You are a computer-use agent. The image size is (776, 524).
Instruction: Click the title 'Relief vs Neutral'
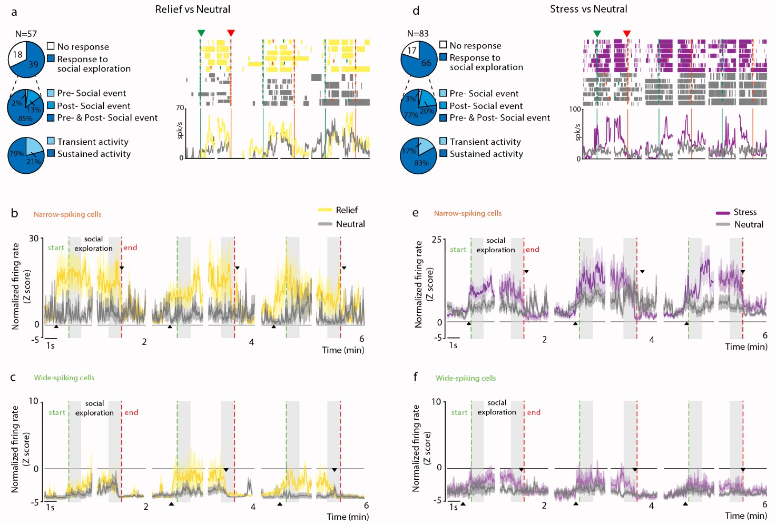[192, 9]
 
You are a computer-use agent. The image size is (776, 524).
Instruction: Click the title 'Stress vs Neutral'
[588, 9]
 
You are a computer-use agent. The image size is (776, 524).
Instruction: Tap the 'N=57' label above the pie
[26, 34]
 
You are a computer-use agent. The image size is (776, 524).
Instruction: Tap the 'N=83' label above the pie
[418, 33]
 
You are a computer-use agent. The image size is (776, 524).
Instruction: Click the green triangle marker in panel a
[201, 33]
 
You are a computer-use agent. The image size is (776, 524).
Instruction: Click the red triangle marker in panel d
[626, 34]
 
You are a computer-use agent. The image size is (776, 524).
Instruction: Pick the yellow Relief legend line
[325, 210]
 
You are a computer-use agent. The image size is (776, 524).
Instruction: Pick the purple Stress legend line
[723, 213]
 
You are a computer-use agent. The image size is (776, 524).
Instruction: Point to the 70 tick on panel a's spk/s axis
[180, 108]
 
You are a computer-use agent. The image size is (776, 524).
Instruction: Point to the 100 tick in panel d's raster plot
[575, 109]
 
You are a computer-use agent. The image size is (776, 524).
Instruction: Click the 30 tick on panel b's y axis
[34, 239]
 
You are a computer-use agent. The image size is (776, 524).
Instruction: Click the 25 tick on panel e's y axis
[437, 240]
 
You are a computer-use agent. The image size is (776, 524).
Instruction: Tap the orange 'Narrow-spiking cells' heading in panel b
[67, 214]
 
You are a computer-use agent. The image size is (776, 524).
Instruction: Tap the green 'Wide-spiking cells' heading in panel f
[466, 378]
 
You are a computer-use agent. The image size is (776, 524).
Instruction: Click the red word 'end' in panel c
[131, 412]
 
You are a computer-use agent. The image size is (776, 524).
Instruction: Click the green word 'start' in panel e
[458, 250]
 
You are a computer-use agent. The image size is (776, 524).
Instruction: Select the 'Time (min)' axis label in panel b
[343, 350]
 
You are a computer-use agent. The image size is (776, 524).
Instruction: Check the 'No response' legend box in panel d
[443, 45]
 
